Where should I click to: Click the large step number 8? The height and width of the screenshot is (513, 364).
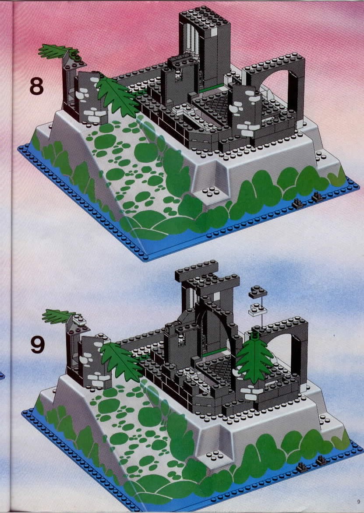pos(36,86)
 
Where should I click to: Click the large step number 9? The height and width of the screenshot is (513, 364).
pos(38,345)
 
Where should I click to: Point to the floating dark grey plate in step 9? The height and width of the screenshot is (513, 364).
pos(258,292)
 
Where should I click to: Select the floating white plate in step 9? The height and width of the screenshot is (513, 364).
pos(258,310)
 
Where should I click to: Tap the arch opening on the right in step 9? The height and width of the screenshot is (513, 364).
pos(281,349)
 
